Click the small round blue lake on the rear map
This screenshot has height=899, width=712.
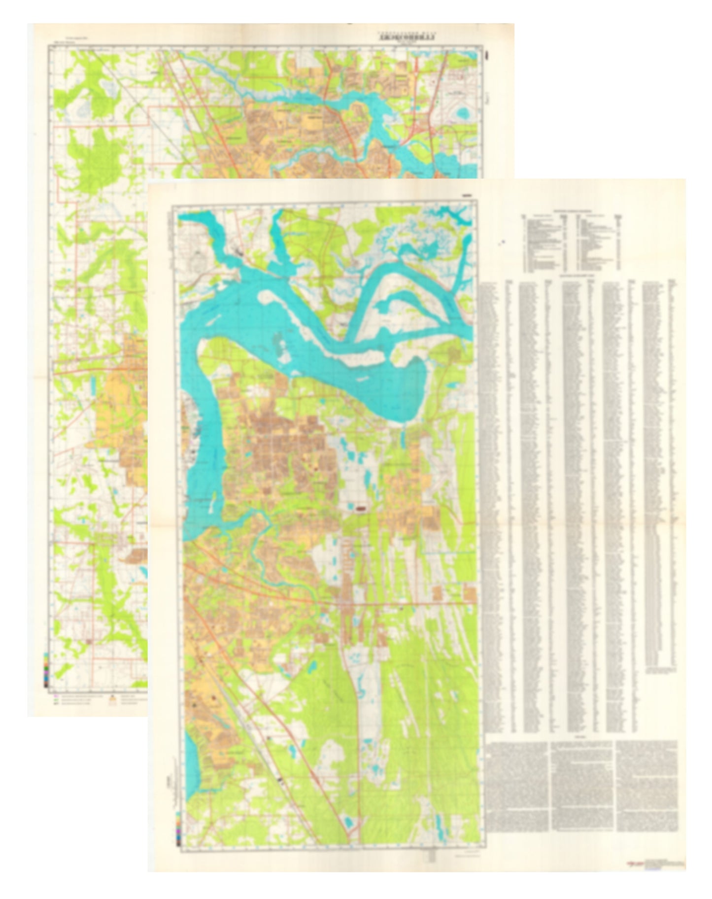463,114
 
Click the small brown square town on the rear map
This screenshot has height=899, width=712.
89,642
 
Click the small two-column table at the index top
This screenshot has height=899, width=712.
572,242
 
